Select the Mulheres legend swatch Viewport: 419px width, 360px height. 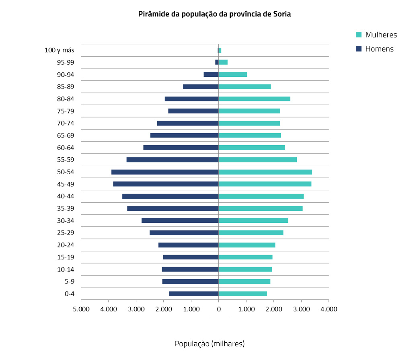click(359, 35)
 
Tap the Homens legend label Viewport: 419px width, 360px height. click(379, 49)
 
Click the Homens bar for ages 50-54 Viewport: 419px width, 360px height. click(165, 172)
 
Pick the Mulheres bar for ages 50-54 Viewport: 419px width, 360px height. click(265, 172)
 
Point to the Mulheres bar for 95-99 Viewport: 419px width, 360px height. click(223, 62)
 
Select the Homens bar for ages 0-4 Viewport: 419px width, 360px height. click(193, 294)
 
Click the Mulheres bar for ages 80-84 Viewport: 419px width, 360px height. click(254, 99)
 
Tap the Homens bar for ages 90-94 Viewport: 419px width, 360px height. click(211, 74)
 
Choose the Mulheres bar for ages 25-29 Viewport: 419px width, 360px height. click(251, 232)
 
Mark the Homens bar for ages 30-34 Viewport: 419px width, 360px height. click(180, 220)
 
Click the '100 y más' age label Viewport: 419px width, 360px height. click(59, 50)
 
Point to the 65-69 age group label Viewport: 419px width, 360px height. click(66, 136)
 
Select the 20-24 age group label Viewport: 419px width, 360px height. click(66, 245)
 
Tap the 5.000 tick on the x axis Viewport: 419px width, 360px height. click(81, 309)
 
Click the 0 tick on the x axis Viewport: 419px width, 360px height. click(218, 309)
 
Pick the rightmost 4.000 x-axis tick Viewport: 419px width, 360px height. click(329, 309)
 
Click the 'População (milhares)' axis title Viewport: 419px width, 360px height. click(209, 344)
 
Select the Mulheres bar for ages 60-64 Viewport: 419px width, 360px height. click(252, 148)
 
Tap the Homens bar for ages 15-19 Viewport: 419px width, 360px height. click(191, 257)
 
